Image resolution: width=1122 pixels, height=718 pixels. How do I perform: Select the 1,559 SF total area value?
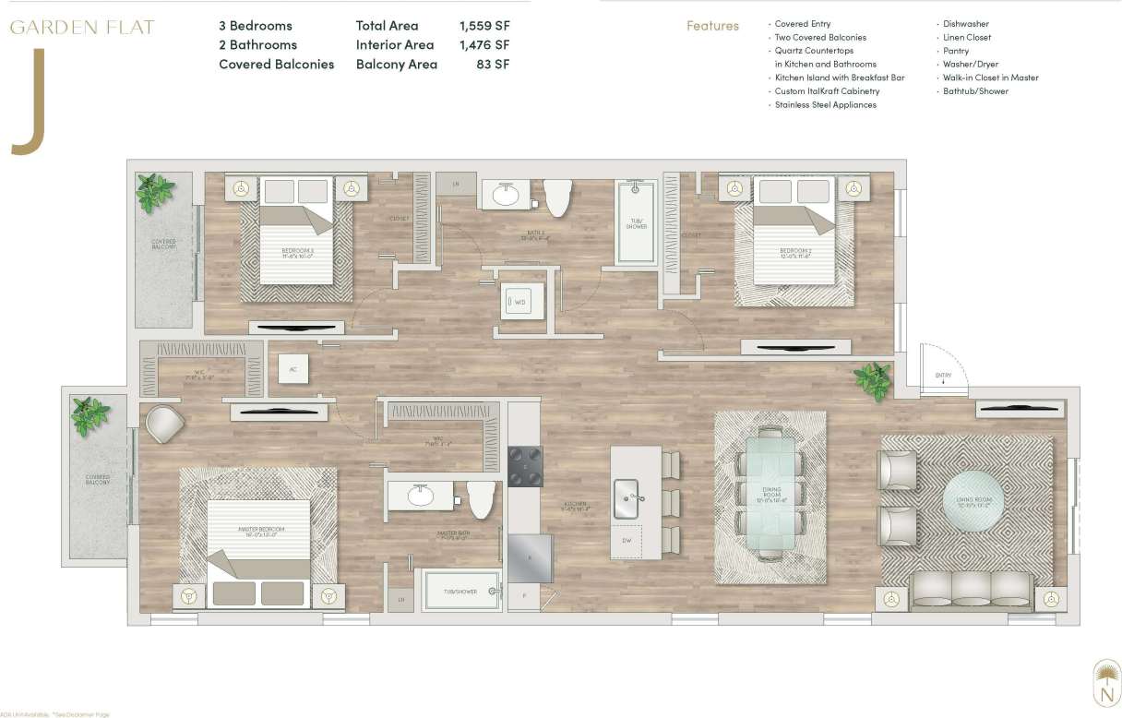point(484,26)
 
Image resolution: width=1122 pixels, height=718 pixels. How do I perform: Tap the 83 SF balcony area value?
point(494,64)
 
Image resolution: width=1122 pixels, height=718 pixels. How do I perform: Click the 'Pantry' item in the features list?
point(956,51)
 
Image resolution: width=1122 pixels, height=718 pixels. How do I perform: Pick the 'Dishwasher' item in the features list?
point(963,24)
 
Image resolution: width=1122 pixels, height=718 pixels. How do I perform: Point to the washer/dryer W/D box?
point(519,302)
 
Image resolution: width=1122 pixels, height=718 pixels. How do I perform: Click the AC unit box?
point(293,368)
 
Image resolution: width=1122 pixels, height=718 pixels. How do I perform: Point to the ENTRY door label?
point(942,377)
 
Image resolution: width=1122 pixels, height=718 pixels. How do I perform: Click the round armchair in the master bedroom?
point(165,424)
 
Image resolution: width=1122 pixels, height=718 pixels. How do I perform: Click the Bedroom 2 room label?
point(794,251)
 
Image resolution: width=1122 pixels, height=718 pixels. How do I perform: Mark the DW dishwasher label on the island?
point(627,541)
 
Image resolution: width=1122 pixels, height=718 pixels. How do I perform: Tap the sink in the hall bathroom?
point(505,196)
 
